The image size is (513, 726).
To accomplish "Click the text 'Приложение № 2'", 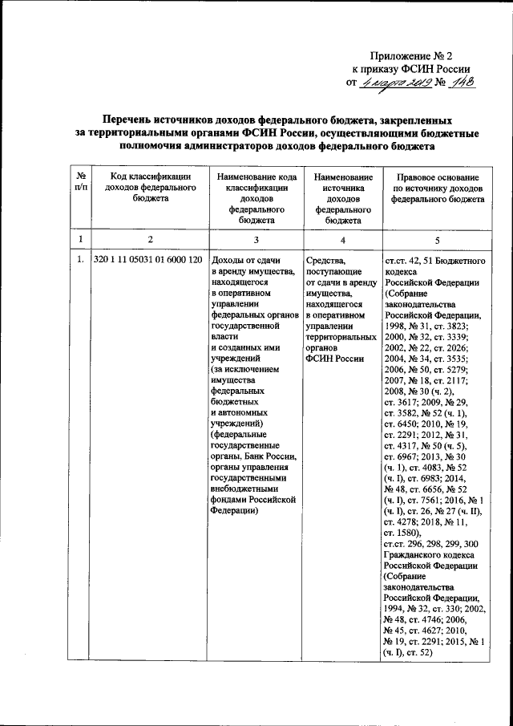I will point(412,55).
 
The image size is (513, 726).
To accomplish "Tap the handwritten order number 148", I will point(459,83).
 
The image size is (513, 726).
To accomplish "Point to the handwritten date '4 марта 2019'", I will point(394,83).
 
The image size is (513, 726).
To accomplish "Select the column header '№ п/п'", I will point(80,180).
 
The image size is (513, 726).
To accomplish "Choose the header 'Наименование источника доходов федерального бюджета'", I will point(343,197).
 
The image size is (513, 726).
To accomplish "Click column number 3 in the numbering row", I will point(256,239).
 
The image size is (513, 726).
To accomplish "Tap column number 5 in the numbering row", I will point(437,239).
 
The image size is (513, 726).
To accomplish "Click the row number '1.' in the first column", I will point(79,261).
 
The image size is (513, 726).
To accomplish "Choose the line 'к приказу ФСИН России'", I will point(411,68).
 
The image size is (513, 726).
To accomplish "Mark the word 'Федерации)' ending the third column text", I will point(233,508).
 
